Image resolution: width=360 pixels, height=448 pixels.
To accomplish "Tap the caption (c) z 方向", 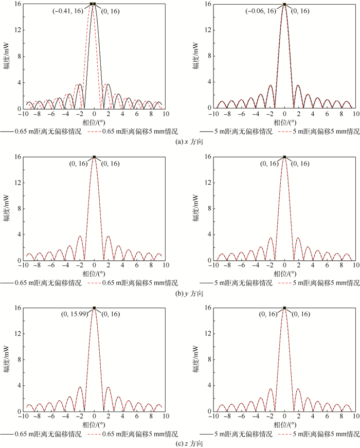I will [179, 443].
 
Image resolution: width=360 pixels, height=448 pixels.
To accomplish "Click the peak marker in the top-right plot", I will [284, 4].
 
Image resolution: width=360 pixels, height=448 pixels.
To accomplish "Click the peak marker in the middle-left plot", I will [94, 157].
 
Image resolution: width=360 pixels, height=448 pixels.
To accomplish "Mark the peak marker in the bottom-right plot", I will [284, 308].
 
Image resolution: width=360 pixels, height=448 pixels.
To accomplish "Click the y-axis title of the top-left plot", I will [7, 57].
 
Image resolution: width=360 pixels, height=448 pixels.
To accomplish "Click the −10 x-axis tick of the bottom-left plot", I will [22, 419].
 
